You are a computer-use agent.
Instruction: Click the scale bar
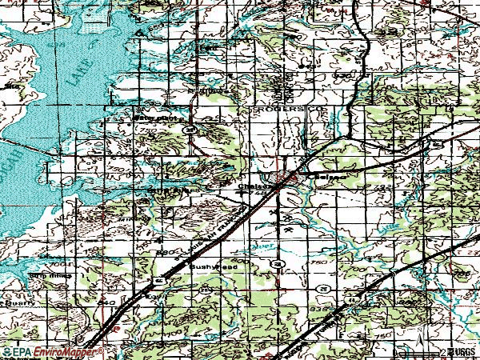420,350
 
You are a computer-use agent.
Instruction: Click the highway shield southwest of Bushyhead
158,281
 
